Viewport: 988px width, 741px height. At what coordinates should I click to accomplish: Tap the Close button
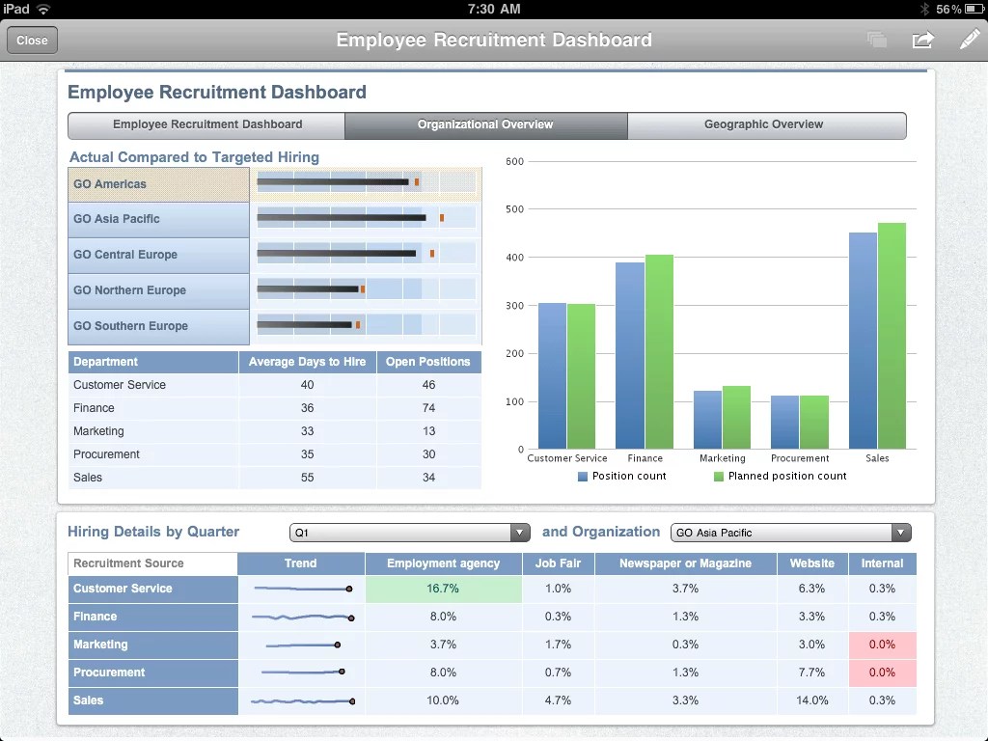(x=32, y=41)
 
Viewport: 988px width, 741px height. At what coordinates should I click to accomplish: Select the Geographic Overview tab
(x=763, y=124)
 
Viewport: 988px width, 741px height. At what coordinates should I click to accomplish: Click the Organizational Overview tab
(x=485, y=124)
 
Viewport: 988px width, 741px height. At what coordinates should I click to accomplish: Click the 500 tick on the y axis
(x=514, y=209)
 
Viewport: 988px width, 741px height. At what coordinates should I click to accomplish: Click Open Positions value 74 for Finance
(x=428, y=408)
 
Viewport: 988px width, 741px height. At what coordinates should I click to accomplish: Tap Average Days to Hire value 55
(x=307, y=478)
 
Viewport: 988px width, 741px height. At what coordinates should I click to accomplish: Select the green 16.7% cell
(x=443, y=589)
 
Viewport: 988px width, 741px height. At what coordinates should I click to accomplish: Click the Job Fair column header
(x=558, y=563)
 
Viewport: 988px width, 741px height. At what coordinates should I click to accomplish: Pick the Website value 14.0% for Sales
(x=811, y=700)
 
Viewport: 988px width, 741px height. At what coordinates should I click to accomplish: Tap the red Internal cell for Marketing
(x=882, y=645)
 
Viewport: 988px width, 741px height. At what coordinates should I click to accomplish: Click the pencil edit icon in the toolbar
(x=969, y=40)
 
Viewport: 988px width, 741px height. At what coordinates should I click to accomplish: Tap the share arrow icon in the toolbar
(x=922, y=40)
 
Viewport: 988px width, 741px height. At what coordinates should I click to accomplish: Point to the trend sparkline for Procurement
(x=301, y=672)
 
